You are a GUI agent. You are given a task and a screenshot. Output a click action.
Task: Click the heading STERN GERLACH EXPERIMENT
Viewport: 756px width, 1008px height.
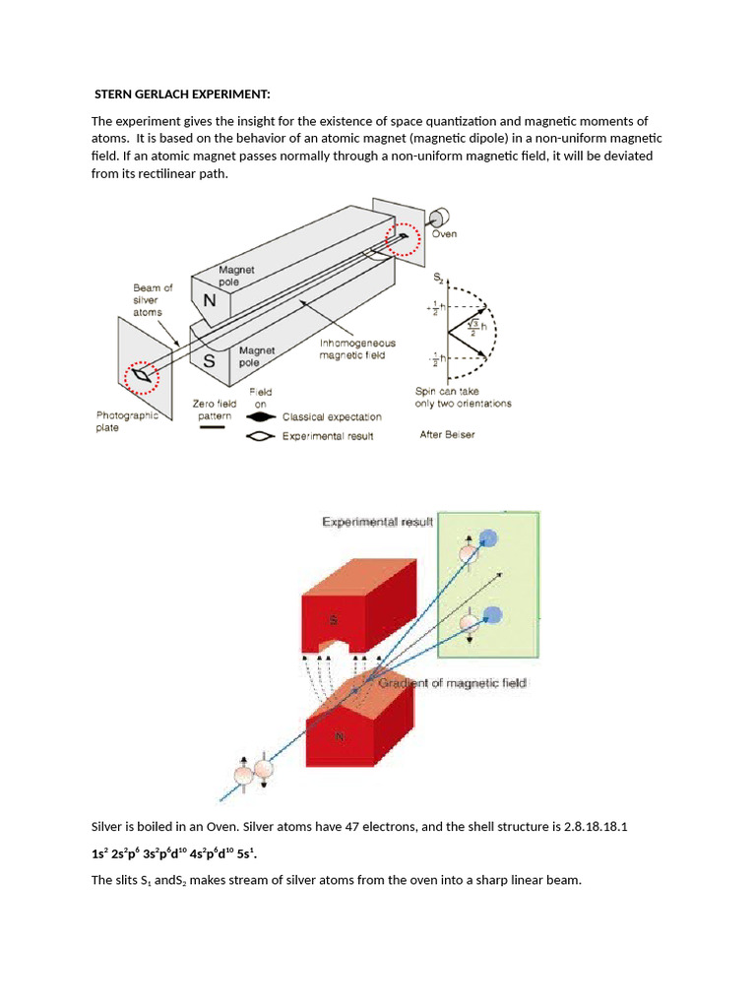[x=181, y=94]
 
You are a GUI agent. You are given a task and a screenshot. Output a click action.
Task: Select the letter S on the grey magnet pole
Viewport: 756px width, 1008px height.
[x=209, y=361]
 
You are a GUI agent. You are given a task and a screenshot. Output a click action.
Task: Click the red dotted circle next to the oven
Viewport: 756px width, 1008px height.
[x=402, y=239]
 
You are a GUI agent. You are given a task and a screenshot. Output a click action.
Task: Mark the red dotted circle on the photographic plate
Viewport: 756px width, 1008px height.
[x=144, y=375]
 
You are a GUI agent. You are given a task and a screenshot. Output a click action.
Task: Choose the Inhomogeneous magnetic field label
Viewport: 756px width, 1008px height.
[x=357, y=349]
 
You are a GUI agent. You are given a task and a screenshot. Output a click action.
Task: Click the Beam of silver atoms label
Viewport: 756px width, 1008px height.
[x=153, y=299]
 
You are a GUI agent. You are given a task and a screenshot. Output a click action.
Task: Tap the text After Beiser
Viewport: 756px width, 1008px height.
[x=447, y=434]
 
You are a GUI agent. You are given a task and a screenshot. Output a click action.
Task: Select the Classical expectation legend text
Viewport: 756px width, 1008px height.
[x=332, y=417]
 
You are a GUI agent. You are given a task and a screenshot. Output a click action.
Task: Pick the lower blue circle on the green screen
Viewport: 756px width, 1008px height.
[x=494, y=615]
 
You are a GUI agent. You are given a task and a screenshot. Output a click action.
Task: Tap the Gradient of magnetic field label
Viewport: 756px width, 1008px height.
[x=452, y=683]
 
